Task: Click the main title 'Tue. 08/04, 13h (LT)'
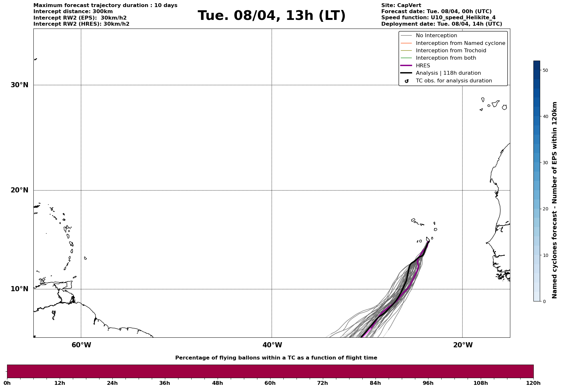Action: tap(272, 16)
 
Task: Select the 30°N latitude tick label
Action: tap(20, 85)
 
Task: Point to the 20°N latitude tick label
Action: tap(20, 190)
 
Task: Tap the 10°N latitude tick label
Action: tap(20, 289)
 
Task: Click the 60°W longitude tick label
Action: tap(81, 345)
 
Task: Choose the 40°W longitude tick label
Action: tap(272, 345)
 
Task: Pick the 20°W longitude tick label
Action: tap(463, 345)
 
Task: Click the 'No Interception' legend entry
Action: tap(436, 36)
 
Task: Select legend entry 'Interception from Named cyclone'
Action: tap(460, 43)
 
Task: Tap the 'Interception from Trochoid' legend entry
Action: tap(451, 51)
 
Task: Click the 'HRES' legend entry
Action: tap(423, 66)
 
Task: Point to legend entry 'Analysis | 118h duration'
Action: tap(448, 73)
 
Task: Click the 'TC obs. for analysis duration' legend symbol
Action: tap(407, 81)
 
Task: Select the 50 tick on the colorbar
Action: tap(545, 70)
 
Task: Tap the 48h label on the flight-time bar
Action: tap(217, 383)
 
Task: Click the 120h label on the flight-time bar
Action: tap(533, 383)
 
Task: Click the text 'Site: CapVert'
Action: tap(401, 5)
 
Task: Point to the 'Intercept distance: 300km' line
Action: tap(73, 12)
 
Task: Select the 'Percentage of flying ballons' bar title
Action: tap(276, 358)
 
